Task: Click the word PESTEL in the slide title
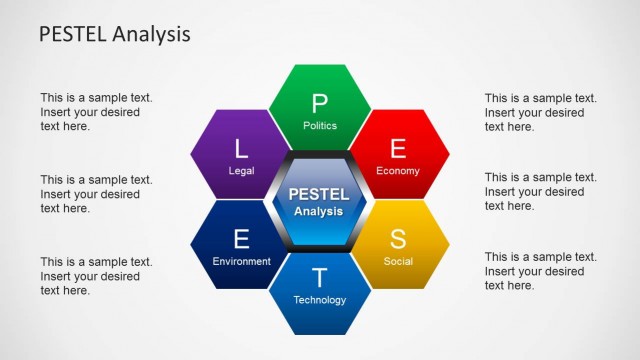(x=75, y=34)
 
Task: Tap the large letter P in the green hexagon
(x=320, y=103)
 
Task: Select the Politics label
(x=320, y=126)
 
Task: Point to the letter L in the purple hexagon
(x=241, y=149)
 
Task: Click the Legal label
(x=241, y=171)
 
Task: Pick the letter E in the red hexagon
(x=398, y=149)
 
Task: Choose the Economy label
(x=398, y=171)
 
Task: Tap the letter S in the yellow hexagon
(x=398, y=239)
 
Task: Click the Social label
(x=398, y=262)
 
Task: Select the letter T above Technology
(x=320, y=278)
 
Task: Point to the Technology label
(x=320, y=300)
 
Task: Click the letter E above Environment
(x=241, y=239)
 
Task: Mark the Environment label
(x=241, y=262)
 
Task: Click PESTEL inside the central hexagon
(x=319, y=193)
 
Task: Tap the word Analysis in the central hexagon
(x=319, y=211)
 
